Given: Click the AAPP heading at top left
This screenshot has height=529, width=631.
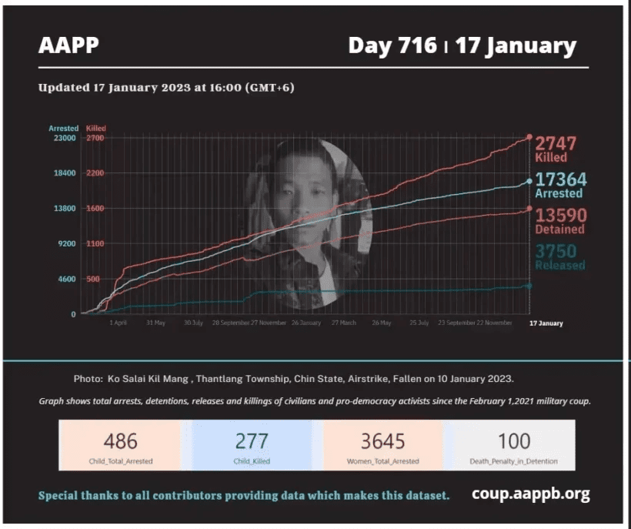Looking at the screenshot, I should click(68, 45).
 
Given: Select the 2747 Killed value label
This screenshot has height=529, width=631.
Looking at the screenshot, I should click(556, 149).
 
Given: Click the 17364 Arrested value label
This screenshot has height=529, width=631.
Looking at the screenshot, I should click(560, 185).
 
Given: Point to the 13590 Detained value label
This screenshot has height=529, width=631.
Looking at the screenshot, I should click(560, 220).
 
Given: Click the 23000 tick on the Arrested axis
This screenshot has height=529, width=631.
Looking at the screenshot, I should click(63, 138).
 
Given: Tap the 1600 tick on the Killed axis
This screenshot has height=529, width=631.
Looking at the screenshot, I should click(95, 209).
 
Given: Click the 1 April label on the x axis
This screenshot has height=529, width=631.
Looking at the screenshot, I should click(118, 323).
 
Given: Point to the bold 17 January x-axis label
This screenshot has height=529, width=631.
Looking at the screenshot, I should click(546, 323).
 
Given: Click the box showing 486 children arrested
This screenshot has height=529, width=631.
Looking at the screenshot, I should click(121, 445).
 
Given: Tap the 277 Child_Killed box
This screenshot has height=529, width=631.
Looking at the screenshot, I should click(252, 445).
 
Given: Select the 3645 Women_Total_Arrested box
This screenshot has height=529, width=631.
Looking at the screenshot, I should click(382, 445).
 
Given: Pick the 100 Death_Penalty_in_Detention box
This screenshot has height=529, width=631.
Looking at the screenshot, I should click(513, 445).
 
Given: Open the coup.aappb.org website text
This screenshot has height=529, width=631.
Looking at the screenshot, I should click(531, 494).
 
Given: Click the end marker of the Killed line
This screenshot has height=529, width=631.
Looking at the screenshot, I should click(529, 137).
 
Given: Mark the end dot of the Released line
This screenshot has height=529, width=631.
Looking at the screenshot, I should click(529, 286).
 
